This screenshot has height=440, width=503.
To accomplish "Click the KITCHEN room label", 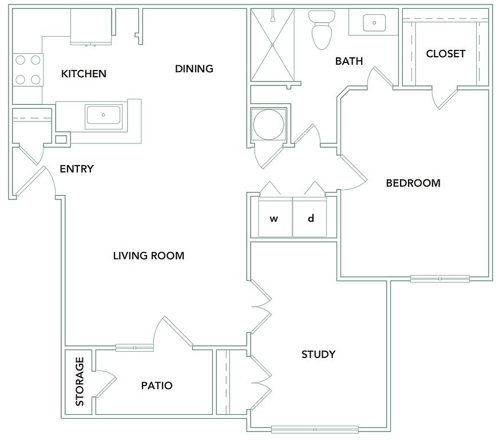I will pyautogui.click(x=84, y=74).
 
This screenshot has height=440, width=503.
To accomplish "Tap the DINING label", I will pyautogui.click(x=194, y=69).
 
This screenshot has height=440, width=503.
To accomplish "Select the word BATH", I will pyautogui.click(x=349, y=61).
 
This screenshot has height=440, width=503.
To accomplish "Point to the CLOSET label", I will pyautogui.click(x=446, y=54).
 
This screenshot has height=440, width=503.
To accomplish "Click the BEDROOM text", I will pyautogui.click(x=413, y=183).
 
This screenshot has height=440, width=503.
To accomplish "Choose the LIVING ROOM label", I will pyautogui.click(x=149, y=256).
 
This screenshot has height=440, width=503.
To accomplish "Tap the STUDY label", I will pyautogui.click(x=318, y=355).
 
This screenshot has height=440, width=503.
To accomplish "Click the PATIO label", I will pyautogui.click(x=157, y=386).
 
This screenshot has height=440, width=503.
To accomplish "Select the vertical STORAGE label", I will pyautogui.click(x=80, y=382).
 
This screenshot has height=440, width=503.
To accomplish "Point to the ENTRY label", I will pyautogui.click(x=77, y=169).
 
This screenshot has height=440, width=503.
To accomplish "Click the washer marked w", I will pyautogui.click(x=274, y=218).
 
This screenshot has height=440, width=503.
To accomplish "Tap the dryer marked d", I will pyautogui.click(x=311, y=218).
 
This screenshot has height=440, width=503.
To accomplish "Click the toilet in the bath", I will pyautogui.click(x=322, y=30).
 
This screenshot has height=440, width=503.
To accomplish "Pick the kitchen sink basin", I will pyautogui.click(x=104, y=115).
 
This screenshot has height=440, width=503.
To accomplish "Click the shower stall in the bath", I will pyautogui.click(x=272, y=45).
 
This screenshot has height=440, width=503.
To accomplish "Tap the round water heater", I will pyautogui.click(x=268, y=124).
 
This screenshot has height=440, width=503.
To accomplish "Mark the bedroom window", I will pyautogui.click(x=439, y=279).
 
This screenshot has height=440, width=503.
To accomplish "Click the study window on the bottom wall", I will pyautogui.click(x=315, y=429).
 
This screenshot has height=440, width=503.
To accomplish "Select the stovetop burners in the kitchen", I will pyautogui.click(x=28, y=69).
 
